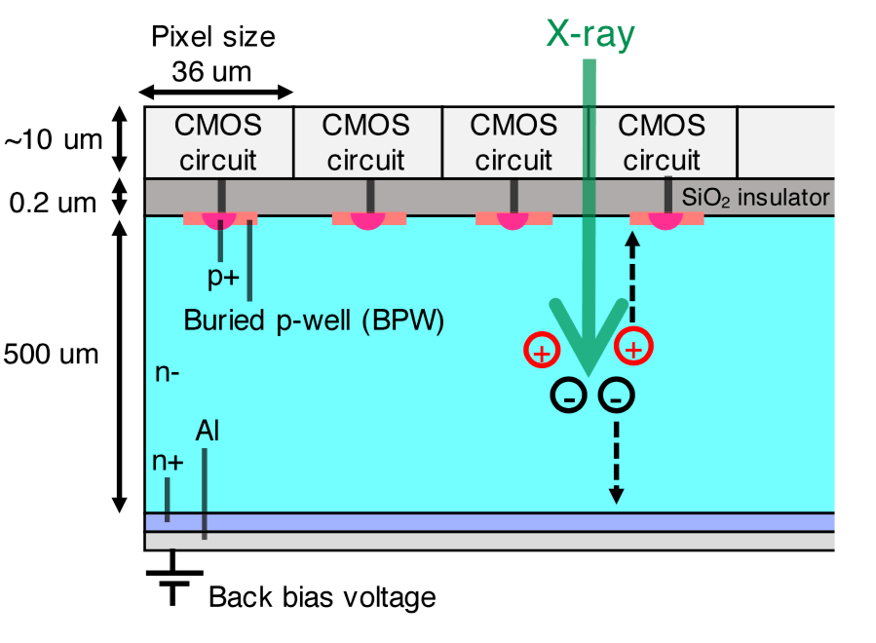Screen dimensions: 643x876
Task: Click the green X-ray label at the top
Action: click(589, 35)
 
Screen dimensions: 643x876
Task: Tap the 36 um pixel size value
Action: click(211, 70)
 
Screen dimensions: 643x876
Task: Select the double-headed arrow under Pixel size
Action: click(215, 93)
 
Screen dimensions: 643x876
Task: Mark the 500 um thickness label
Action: click(51, 354)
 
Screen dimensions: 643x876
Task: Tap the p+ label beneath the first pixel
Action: click(223, 276)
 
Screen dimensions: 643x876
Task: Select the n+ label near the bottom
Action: click(169, 462)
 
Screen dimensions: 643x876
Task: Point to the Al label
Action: click(207, 431)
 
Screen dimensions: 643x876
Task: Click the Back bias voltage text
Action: click(323, 596)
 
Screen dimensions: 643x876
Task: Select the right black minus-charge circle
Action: click(616, 395)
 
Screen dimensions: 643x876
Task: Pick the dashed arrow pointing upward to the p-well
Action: click(631, 282)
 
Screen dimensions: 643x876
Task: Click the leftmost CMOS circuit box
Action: click(218, 141)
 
